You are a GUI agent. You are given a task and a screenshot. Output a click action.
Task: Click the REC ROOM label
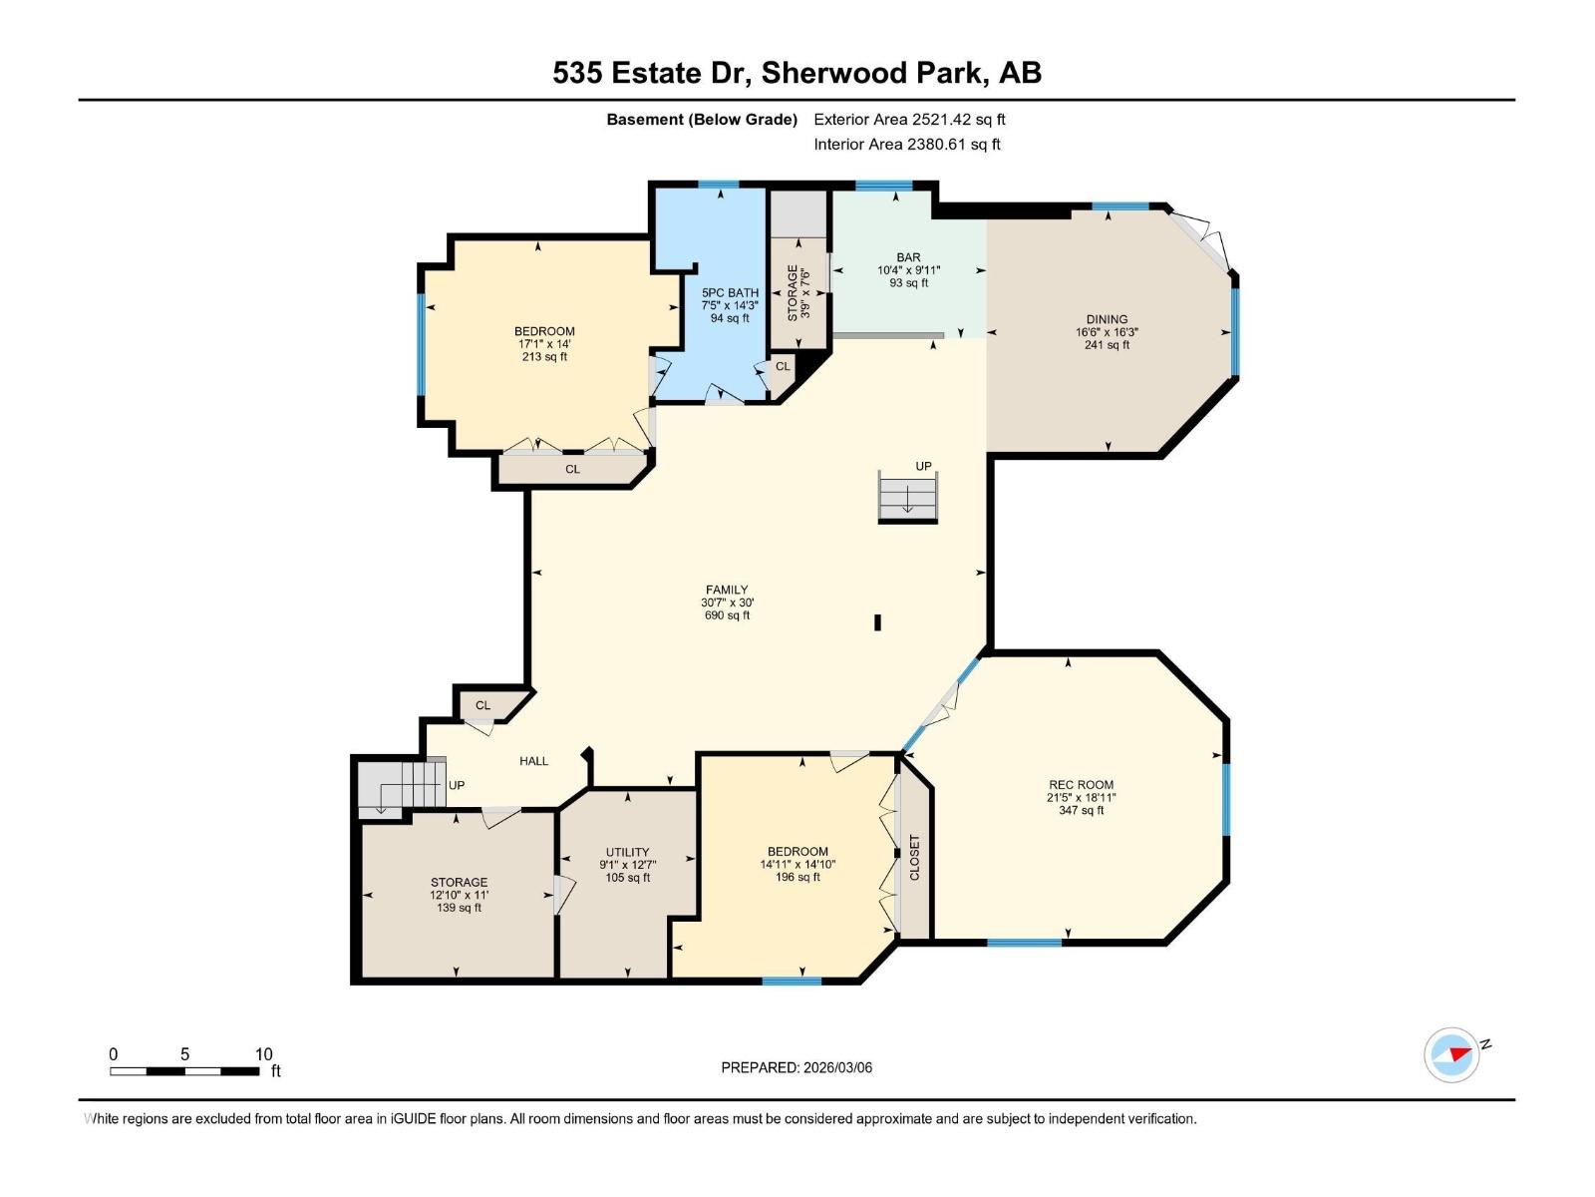point(1081,785)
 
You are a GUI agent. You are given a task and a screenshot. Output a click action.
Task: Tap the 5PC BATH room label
point(730,293)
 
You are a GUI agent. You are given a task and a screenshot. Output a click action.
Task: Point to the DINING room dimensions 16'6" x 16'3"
point(1107,332)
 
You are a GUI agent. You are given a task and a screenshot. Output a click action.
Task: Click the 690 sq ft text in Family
point(727,615)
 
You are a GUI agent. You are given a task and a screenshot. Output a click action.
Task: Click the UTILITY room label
point(627,853)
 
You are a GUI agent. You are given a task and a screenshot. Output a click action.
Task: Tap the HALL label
point(533,761)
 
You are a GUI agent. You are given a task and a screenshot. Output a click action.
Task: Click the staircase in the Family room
point(907,496)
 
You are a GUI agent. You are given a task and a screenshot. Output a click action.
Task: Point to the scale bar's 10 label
point(263,1054)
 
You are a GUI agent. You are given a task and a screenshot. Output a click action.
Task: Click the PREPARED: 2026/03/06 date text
point(797,1067)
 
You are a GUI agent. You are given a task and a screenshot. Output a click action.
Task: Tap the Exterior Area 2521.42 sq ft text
point(909,120)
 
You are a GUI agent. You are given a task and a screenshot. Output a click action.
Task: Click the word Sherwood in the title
point(821,73)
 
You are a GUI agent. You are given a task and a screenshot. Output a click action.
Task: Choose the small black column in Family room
point(877,622)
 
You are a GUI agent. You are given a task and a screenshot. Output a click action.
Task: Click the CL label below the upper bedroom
point(572,469)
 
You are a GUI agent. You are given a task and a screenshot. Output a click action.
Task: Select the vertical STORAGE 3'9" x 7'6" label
point(798,292)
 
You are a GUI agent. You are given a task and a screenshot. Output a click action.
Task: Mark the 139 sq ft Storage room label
point(459,908)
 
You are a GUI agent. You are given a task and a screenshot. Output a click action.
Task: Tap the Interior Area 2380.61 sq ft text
point(906,145)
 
